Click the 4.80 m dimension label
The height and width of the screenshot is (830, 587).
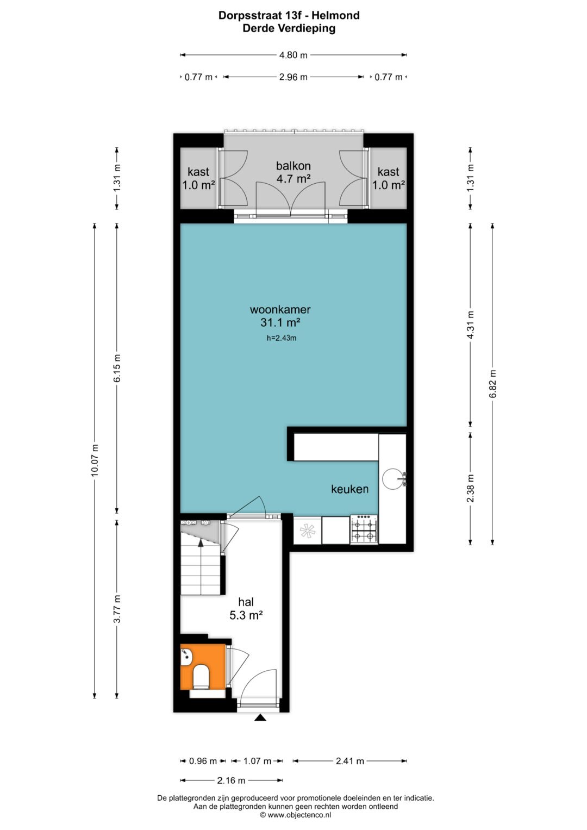293,55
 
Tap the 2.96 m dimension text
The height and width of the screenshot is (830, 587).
293,77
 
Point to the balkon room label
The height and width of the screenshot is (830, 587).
293,166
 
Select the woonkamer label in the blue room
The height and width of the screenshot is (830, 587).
280,309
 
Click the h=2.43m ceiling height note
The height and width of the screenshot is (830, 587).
282,338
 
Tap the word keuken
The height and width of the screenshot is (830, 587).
350,489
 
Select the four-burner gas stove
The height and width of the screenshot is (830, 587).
364,529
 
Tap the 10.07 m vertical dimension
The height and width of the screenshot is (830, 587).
95,460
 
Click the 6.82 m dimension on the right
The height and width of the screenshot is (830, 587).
492,384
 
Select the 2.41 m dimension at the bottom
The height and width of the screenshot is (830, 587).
350,761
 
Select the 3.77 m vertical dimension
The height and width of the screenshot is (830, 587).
117,609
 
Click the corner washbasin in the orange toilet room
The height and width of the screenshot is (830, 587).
186,658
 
